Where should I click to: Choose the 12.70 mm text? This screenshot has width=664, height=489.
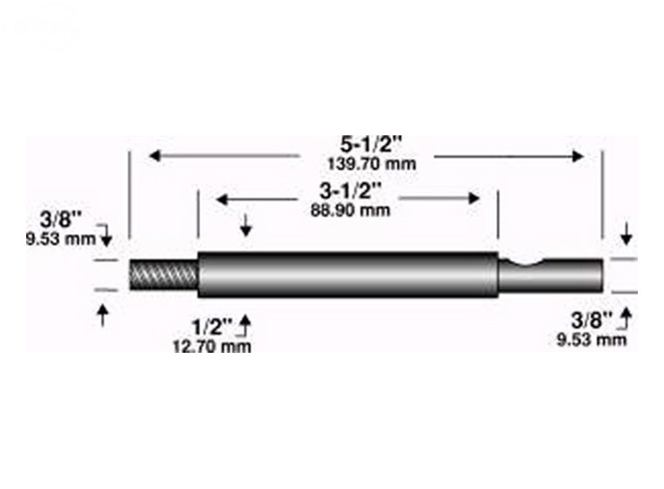[x=212, y=347]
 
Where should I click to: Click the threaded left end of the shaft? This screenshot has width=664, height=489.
[x=164, y=276]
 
